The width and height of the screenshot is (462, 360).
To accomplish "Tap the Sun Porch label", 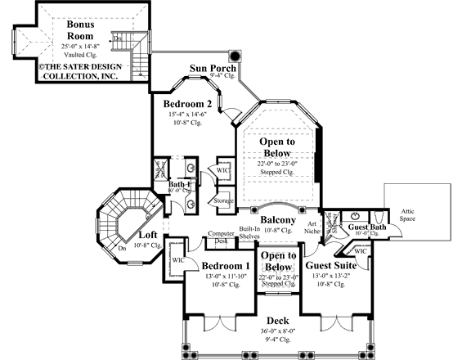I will pos(213,68).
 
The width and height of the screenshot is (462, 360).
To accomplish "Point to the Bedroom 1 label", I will pos(225,268).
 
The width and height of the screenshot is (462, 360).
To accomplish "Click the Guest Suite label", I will pos(330,266).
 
